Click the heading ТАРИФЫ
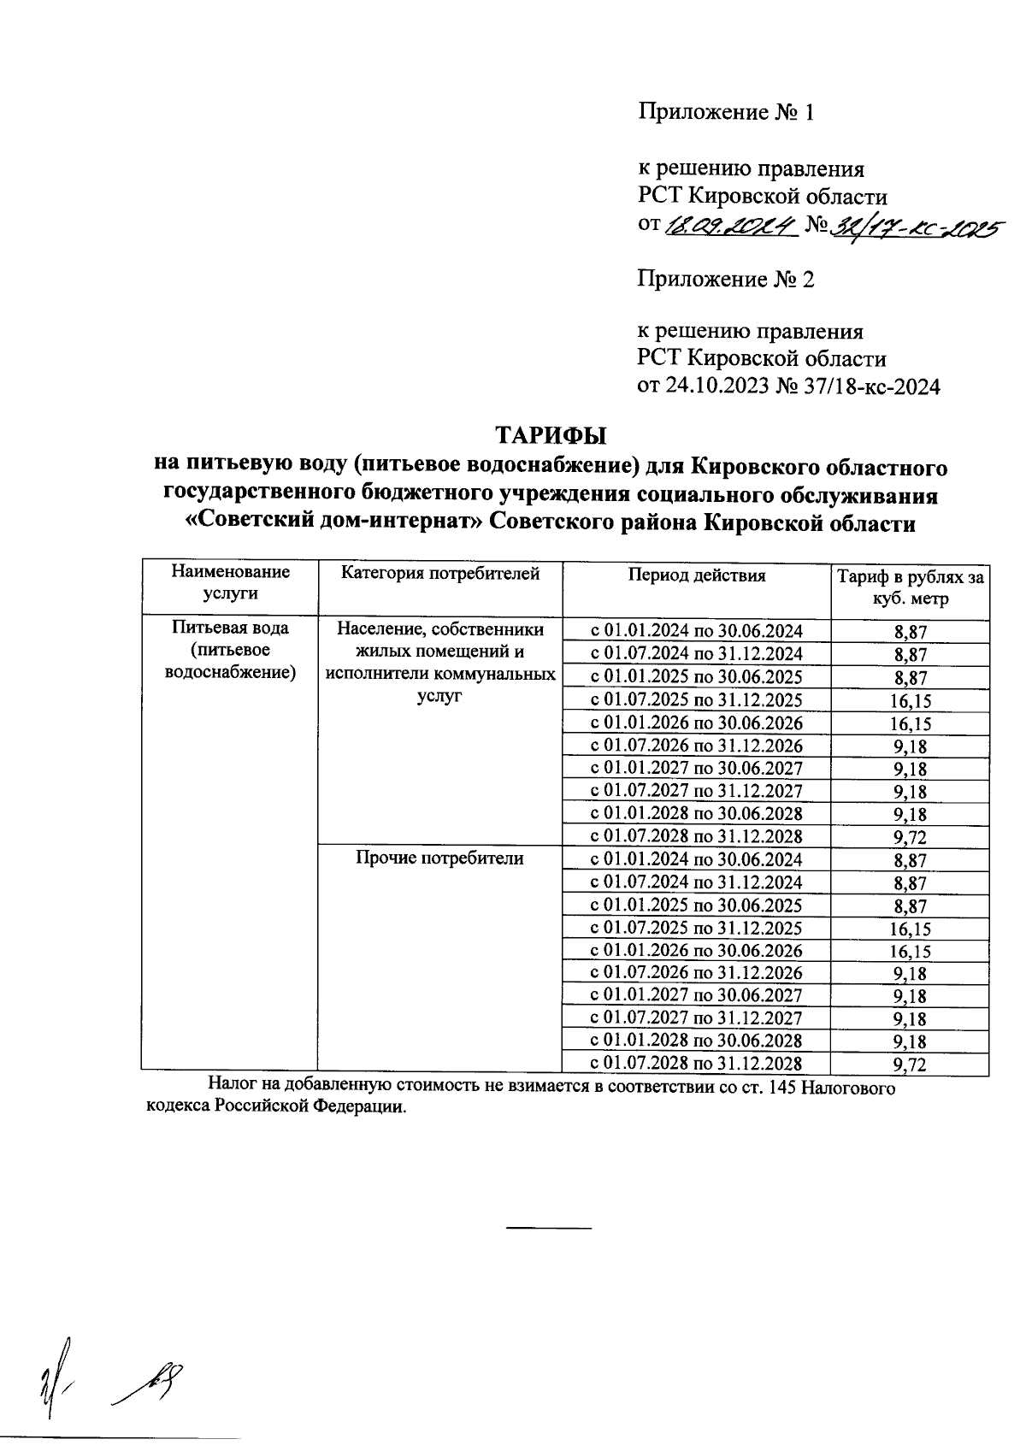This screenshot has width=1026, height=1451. (551, 434)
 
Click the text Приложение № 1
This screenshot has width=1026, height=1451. (725, 112)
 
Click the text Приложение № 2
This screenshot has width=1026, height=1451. (725, 279)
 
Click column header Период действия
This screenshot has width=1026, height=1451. (697, 575)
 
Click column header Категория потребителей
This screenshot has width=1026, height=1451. (440, 574)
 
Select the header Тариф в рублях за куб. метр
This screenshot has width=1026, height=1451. (910, 587)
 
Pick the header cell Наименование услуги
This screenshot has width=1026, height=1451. (229, 581)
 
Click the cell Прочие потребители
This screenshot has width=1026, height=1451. (439, 858)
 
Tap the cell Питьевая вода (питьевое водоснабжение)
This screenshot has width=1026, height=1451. (229, 650)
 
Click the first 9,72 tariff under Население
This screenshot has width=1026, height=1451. (910, 837)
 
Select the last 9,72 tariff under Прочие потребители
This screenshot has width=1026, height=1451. (910, 1065)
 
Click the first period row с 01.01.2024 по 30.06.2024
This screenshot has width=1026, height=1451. (696, 631)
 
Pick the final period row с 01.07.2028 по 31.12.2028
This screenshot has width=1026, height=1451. (696, 1064)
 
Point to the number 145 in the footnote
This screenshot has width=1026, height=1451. (785, 1088)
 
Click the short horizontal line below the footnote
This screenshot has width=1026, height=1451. (549, 1228)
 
